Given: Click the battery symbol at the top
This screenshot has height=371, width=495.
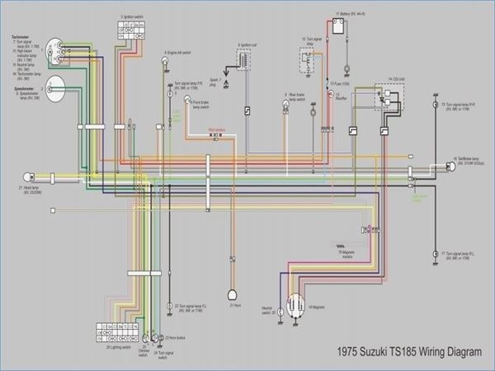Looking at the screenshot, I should click(337, 27).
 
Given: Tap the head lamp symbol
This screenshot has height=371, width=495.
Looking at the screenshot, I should click(27, 175).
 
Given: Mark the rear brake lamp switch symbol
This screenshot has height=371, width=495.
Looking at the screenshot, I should click(287, 105).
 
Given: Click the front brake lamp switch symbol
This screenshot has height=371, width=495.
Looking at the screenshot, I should click(187, 101).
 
